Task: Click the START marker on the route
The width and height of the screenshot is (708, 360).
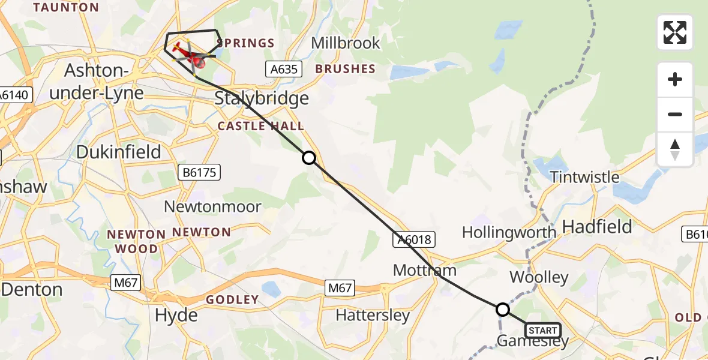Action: [543, 330]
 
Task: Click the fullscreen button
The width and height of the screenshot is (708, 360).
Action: [675, 32]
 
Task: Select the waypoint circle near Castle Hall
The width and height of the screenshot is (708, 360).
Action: [308, 158]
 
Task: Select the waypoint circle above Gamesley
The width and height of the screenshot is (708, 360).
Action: [503, 310]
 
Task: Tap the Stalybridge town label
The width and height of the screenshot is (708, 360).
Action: [262, 98]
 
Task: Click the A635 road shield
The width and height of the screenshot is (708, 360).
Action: [284, 69]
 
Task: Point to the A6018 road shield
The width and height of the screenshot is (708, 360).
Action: [413, 240]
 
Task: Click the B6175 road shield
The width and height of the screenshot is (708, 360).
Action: [200, 173]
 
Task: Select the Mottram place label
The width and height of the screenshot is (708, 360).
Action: [425, 270]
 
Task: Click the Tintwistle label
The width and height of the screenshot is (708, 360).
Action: [584, 177]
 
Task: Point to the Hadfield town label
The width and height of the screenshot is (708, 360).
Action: [598, 226]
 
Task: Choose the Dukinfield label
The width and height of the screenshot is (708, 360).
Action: [119, 152]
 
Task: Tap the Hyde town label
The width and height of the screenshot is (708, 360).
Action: [176, 315]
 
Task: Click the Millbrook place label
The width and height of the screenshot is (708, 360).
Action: [346, 43]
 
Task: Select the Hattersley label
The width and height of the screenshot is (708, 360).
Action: [373, 315]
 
